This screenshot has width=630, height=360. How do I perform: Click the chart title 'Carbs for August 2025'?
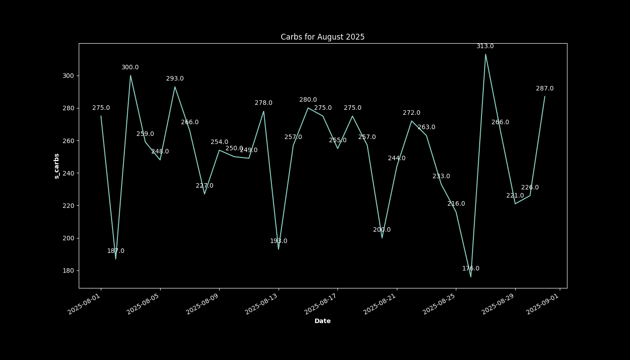[323, 37]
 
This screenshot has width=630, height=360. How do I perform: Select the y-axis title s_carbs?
[57, 166]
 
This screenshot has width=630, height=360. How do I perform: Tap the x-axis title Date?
[323, 321]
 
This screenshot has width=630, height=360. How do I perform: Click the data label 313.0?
[485, 46]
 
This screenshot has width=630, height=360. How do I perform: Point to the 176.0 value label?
[471, 268]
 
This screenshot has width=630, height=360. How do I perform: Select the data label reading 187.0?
[116, 251]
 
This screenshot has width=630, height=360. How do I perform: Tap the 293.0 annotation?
[175, 78]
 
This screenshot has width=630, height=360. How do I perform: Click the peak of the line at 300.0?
[130, 75]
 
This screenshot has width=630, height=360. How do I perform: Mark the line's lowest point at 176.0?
[471, 277]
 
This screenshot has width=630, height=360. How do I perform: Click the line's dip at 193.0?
[279, 249]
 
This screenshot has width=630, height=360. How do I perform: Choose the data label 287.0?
[544, 88]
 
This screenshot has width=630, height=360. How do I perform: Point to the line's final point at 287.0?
[544, 96]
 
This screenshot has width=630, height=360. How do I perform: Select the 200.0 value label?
[382, 229]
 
